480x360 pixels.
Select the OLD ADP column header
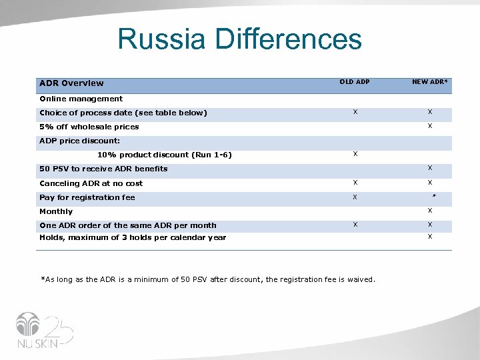pyautogui.click(x=355, y=82)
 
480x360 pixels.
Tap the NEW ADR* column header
pyautogui.click(x=430, y=82)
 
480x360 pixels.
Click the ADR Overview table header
pyautogui.click(x=71, y=83)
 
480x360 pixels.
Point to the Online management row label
pyautogui.click(x=81, y=99)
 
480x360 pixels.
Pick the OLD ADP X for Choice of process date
pyautogui.click(x=355, y=112)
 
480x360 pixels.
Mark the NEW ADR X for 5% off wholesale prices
pyautogui.click(x=430, y=126)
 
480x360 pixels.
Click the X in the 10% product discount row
pyautogui.click(x=355, y=154)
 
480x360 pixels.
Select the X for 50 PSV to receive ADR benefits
pyautogui.click(x=430, y=168)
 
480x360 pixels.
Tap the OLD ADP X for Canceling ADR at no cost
pyautogui.click(x=355, y=183)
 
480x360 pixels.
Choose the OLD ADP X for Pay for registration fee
pyautogui.click(x=355, y=197)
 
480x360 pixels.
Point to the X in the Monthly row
pyautogui.click(x=430, y=211)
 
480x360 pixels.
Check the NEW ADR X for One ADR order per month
pyautogui.click(x=430, y=225)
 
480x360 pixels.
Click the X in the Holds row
pyautogui.click(x=430, y=237)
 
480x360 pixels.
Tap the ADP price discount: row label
pyautogui.click(x=79, y=141)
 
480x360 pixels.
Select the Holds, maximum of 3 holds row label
pyautogui.click(x=133, y=237)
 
